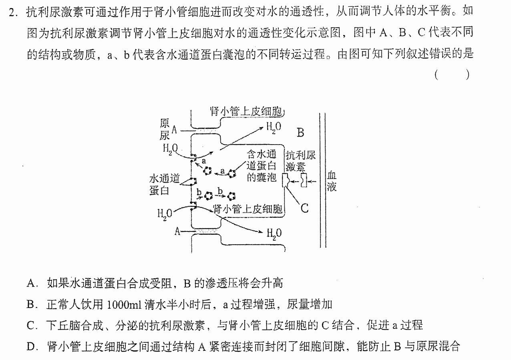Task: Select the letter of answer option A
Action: [x=30, y=284]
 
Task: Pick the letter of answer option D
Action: [x=30, y=346]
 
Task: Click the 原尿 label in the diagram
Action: [x=165, y=129]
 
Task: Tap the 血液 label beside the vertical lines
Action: [x=332, y=181]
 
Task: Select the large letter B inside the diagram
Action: [x=300, y=133]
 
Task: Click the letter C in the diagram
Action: [x=304, y=208]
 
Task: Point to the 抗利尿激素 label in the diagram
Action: [x=300, y=161]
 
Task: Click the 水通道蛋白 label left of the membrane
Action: [x=164, y=185]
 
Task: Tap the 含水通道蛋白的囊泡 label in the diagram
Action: [x=262, y=166]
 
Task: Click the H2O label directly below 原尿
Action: [x=170, y=149]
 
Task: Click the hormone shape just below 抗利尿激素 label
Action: [x=304, y=181]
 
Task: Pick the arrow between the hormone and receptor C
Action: [x=296, y=181]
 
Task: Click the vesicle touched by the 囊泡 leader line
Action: [x=232, y=174]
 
